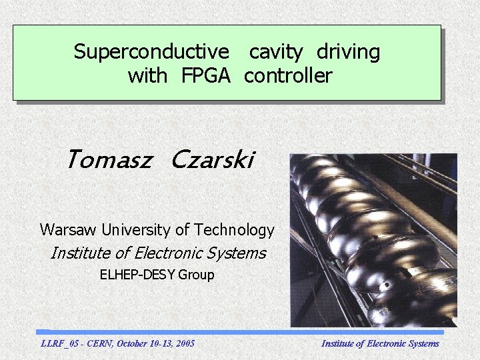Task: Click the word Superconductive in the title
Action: (151, 52)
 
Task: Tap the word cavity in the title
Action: (276, 52)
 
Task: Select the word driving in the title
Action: (348, 52)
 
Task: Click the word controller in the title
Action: (287, 76)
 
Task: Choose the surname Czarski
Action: (212, 160)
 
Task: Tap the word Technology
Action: (234, 230)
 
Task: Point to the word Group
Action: (197, 275)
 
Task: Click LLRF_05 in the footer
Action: (59, 343)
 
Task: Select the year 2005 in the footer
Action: (183, 343)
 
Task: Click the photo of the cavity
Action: (373, 240)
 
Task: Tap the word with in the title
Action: (147, 76)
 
